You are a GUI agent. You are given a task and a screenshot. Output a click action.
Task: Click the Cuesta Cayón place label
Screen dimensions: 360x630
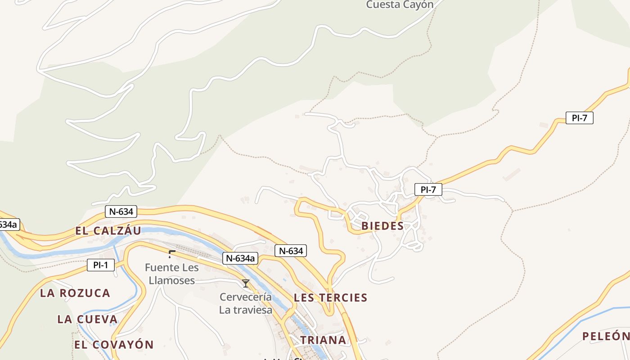(x=400, y=5)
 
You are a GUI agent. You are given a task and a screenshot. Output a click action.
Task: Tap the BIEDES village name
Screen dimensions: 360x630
(x=382, y=226)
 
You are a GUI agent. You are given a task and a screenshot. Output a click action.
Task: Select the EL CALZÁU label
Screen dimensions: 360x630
(x=108, y=231)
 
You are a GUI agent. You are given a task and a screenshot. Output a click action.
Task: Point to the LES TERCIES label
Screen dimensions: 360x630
(x=330, y=297)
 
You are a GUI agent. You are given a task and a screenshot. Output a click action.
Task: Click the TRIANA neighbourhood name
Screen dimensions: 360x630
(x=323, y=340)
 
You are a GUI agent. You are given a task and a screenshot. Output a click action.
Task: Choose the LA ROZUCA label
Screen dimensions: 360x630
(x=75, y=293)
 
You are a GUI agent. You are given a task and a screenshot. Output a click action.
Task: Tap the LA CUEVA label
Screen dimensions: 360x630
(x=87, y=319)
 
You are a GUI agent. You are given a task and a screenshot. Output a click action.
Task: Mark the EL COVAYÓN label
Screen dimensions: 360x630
(x=114, y=345)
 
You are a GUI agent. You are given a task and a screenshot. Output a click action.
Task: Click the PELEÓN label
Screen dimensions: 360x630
(x=605, y=336)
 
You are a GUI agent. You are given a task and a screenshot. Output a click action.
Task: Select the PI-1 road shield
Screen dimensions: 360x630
(x=101, y=265)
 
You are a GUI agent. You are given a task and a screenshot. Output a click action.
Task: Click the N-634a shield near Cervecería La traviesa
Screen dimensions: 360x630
(x=240, y=258)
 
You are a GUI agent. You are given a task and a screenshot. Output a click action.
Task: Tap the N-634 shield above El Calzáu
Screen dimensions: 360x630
(x=121, y=211)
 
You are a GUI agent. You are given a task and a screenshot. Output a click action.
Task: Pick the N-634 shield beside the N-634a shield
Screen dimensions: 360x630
(x=291, y=251)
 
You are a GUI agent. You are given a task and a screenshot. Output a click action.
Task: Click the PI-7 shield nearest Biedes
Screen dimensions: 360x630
(x=428, y=189)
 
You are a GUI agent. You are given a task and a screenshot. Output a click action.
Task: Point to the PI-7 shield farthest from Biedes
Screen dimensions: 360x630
(x=579, y=118)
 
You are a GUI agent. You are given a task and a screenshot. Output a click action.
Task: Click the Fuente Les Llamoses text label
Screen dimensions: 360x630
(x=171, y=274)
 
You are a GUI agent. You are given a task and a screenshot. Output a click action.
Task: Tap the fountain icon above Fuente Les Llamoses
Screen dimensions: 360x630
(x=171, y=254)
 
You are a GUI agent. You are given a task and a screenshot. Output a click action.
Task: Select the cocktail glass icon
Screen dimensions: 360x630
(x=246, y=283)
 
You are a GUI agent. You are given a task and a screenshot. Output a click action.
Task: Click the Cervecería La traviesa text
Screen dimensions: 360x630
(x=246, y=303)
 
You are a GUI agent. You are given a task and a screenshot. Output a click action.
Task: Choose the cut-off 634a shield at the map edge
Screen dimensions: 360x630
(x=9, y=224)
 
